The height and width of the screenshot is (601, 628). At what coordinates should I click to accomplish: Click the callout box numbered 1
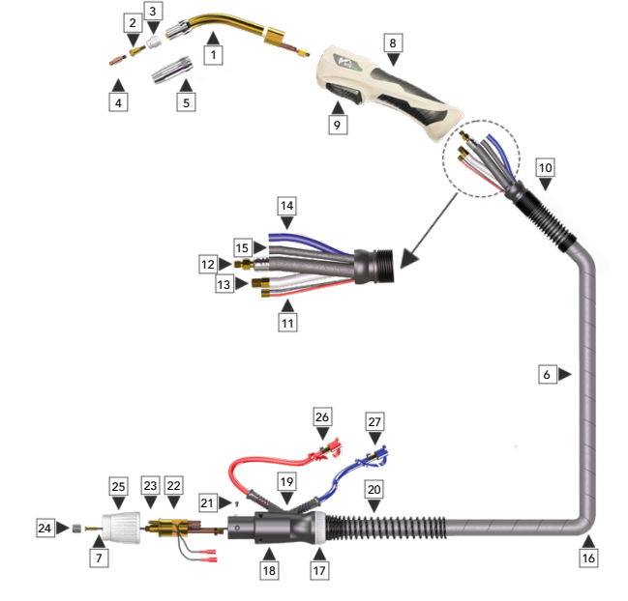coord(212,57)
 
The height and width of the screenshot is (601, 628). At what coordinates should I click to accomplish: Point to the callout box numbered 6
coord(547,374)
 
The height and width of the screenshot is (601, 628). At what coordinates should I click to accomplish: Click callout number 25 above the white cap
coord(119,484)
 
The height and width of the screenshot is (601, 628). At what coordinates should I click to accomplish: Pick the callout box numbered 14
coord(285,206)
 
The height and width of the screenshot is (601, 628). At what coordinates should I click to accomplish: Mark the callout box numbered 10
coord(546,168)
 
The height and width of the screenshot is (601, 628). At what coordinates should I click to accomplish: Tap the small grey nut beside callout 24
coord(75,529)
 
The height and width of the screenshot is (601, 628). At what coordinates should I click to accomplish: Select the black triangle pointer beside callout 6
coord(564,374)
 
